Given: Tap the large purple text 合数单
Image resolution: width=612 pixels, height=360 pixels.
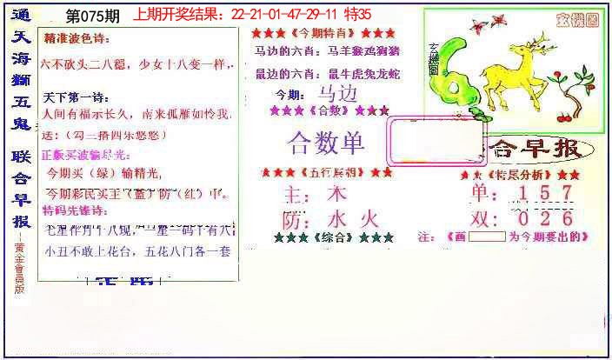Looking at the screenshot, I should tap(326, 143).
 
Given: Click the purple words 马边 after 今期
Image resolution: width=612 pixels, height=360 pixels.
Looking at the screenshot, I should tap(337, 95).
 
